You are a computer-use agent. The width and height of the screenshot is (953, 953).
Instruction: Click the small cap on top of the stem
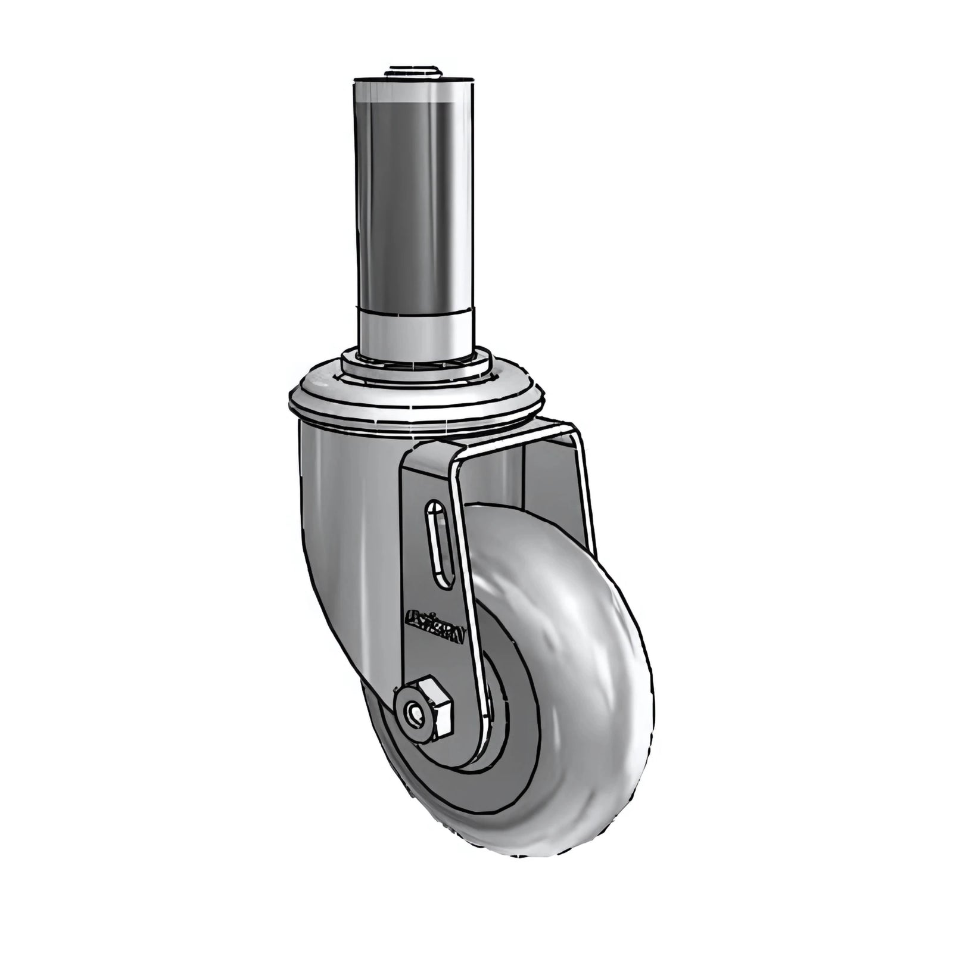coord(412,72)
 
